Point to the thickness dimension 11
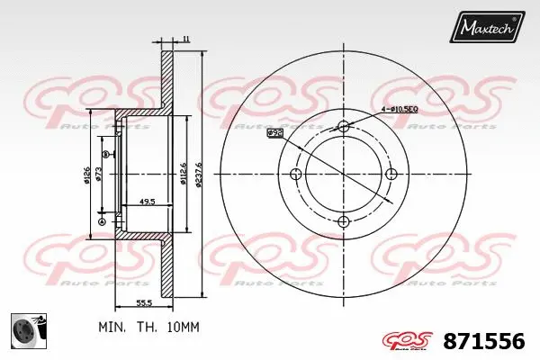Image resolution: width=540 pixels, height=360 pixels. tap(185, 39)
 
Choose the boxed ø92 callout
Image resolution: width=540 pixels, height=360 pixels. tap(275, 133)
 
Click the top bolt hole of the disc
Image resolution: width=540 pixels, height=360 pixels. tap(343, 126)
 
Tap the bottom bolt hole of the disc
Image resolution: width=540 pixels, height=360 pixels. tap(343, 221)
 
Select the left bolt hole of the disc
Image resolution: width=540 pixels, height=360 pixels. tap(295, 174)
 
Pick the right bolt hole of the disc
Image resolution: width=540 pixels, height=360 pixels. tap(391, 174)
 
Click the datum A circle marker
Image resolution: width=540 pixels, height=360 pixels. tap(101, 221)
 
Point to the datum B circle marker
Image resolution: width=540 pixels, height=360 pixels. tap(105, 155)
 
